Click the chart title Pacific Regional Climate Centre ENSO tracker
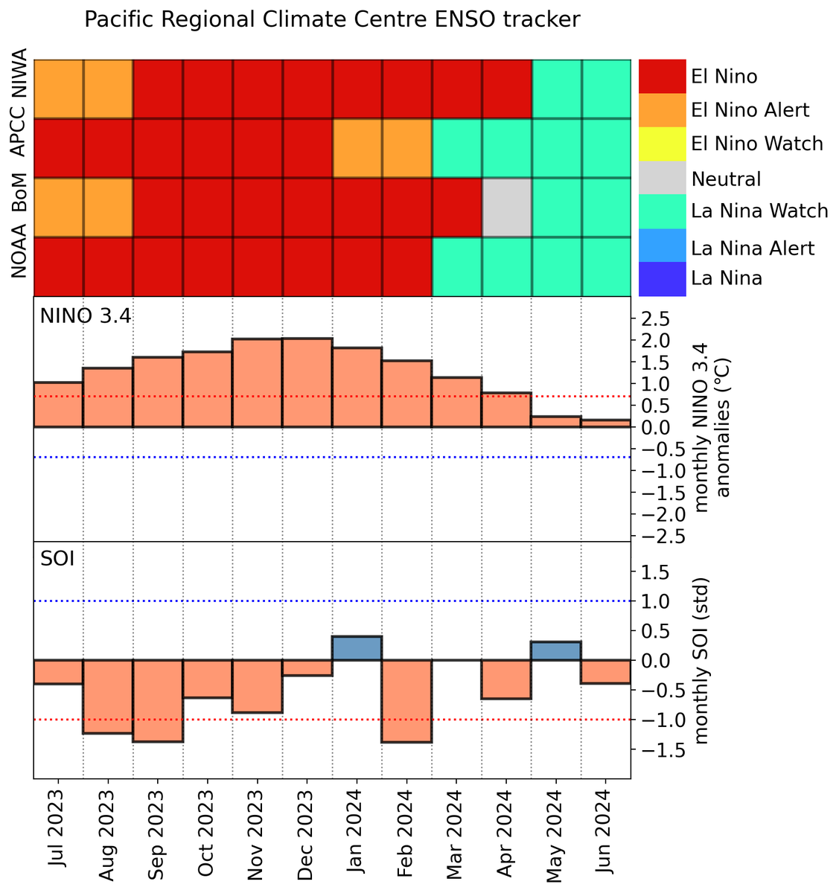click(x=331, y=20)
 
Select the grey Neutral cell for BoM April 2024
click(x=507, y=208)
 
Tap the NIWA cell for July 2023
click(x=58, y=89)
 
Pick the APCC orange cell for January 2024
click(x=357, y=148)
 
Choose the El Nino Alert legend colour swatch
click(x=662, y=110)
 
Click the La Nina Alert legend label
click(x=753, y=248)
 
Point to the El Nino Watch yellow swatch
click(x=662, y=143)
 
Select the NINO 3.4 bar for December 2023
click(x=307, y=383)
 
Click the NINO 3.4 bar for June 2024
click(x=606, y=423)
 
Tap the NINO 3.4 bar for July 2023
click(x=58, y=405)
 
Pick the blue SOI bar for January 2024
click(x=357, y=648)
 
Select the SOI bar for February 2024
click(x=407, y=700)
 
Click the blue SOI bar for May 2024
click(x=556, y=651)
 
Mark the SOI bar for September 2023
click(x=158, y=700)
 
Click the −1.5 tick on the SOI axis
click(x=651, y=750)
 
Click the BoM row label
click(x=20, y=208)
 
